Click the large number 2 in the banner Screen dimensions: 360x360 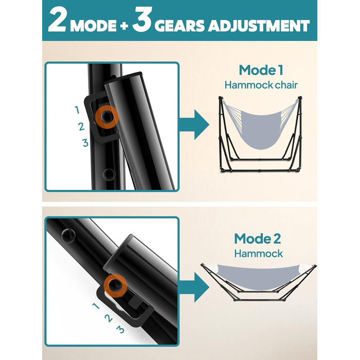57,21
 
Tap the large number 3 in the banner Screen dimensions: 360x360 142,20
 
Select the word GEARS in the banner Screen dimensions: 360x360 179,26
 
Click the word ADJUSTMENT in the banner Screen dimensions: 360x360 259,26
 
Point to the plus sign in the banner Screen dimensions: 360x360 124,26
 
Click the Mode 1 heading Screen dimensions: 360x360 261,70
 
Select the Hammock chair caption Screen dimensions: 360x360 261,85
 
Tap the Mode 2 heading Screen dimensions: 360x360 257,239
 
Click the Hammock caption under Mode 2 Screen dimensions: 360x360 259,254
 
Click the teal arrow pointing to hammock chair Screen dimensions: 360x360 194,124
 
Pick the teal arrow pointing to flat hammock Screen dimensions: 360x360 194,287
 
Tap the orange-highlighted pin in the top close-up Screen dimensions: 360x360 107,117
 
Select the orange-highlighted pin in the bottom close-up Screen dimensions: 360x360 115,285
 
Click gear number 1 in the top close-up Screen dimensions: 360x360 77,110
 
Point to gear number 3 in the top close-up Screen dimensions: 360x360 85,143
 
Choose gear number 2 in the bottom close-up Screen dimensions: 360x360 109,318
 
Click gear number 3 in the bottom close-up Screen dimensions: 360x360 120,330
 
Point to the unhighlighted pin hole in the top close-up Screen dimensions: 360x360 109,174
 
